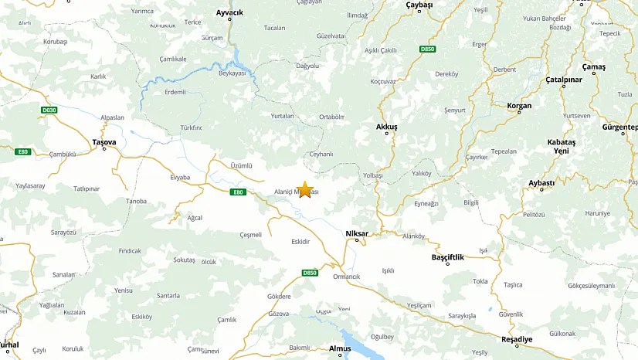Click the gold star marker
tap(305, 189)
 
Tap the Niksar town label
tap(357, 233)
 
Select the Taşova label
tap(104, 142)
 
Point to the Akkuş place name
tap(386, 126)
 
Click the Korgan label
tap(519, 106)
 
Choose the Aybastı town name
tap(541, 182)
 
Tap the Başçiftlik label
tap(447, 256)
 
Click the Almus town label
tap(340, 348)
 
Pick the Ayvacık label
tap(229, 13)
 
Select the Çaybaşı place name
tap(419, 5)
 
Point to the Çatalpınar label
tap(563, 79)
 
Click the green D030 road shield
tap(49, 110)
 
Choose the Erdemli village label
tap(175, 92)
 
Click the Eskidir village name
tap(300, 242)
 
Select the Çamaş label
tap(594, 66)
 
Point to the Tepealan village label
tap(504, 151)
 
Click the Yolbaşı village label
tap(373, 175)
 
